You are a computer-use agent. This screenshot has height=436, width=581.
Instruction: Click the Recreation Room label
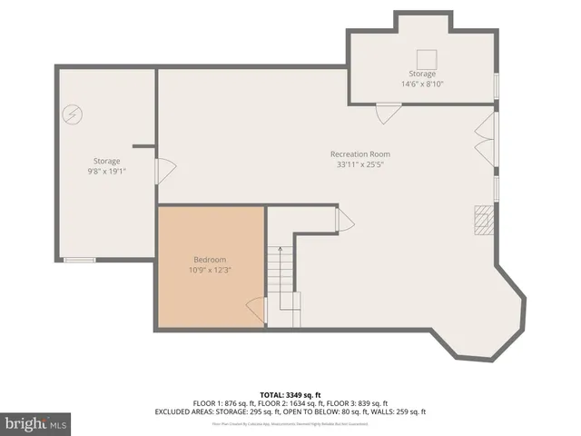359,154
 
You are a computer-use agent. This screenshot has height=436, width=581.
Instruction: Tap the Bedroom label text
210,259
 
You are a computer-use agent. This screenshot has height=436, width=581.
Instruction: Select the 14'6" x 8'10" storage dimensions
422,84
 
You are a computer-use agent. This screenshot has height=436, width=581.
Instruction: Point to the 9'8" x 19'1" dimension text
106,170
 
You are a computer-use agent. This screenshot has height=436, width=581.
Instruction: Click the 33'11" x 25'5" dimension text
359,164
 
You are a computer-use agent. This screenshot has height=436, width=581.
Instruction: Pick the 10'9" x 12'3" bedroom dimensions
210,269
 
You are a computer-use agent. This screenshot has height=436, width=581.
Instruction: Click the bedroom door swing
256,312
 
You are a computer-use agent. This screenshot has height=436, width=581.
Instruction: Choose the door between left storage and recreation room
164,172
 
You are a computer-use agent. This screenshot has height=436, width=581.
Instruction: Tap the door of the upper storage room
388,114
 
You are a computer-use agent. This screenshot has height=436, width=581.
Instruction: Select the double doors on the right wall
487,139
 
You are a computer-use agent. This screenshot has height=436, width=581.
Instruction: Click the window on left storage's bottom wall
79,260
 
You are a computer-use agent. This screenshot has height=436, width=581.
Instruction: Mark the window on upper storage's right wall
496,84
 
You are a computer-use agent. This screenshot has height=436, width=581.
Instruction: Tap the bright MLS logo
37,423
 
